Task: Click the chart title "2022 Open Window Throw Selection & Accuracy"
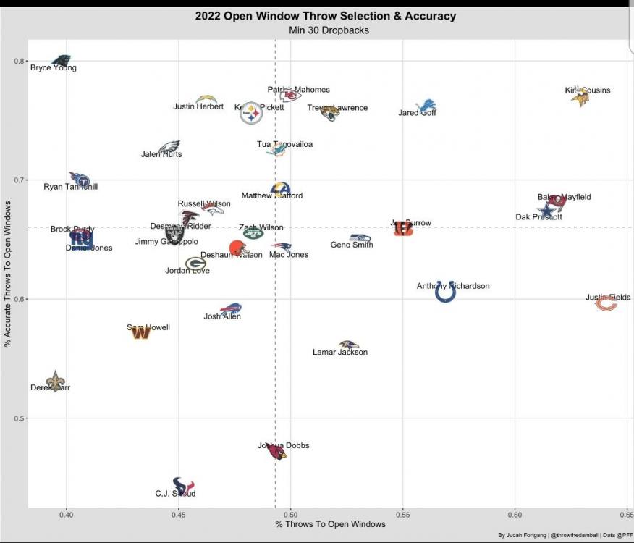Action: pyautogui.click(x=325, y=16)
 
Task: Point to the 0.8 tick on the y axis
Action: pyautogui.click(x=20, y=61)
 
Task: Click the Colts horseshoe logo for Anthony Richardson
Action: pyautogui.click(x=445, y=292)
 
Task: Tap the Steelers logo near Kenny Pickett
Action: pyautogui.click(x=251, y=113)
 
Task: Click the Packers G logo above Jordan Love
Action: pyautogui.click(x=195, y=264)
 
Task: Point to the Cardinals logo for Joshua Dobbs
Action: pyautogui.click(x=276, y=452)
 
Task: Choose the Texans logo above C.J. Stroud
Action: pyautogui.click(x=183, y=485)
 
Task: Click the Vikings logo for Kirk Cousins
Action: pyautogui.click(x=580, y=96)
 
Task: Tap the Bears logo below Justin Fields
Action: pyautogui.click(x=606, y=304)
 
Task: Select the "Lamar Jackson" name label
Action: pyautogui.click(x=340, y=353)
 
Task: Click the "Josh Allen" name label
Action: pyautogui.click(x=222, y=316)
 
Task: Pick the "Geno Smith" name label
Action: pyautogui.click(x=352, y=245)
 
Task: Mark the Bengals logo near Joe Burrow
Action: pyautogui.click(x=403, y=230)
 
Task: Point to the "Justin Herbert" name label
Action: pyautogui.click(x=198, y=106)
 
